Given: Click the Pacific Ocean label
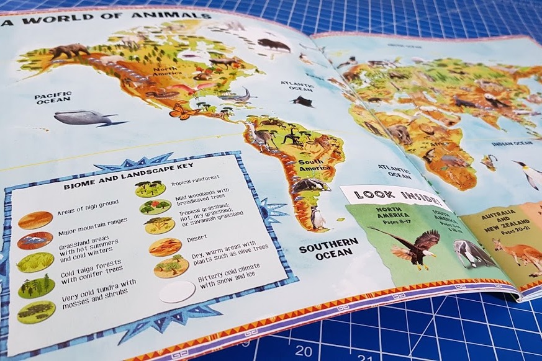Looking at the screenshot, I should click(x=53, y=97).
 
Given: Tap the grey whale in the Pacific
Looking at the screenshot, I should click(x=83, y=118).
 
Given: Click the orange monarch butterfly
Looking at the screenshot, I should click(x=180, y=112).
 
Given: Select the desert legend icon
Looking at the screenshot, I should click(x=165, y=247).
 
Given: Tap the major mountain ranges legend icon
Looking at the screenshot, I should click(x=35, y=240).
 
